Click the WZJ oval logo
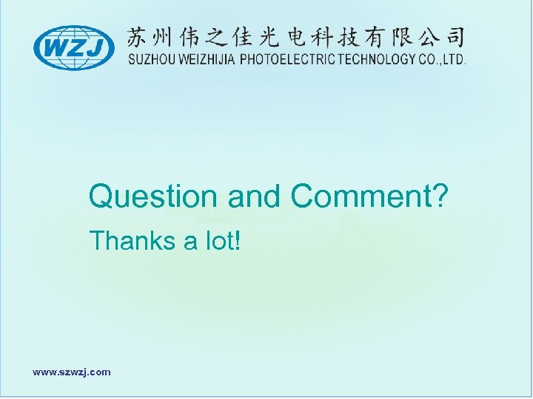pyautogui.click(x=74, y=48)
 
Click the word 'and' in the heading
pyautogui.click(x=255, y=197)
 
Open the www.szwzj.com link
pyautogui.click(x=72, y=372)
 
